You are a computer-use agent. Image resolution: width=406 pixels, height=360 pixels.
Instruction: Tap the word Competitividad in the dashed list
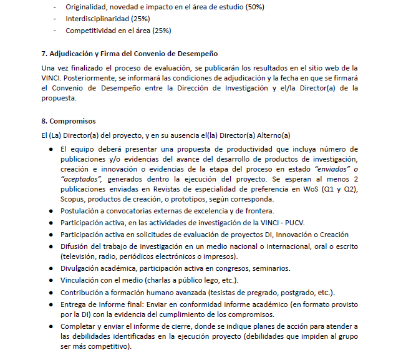click(91, 30)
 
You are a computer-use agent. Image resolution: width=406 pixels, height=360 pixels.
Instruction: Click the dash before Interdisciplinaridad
click(56, 19)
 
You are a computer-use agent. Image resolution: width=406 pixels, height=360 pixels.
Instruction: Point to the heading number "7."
click(45, 54)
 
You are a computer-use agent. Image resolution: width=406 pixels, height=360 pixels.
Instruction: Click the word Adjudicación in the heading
click(76, 54)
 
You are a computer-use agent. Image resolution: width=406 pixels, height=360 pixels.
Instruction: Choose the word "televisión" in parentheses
click(82, 256)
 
